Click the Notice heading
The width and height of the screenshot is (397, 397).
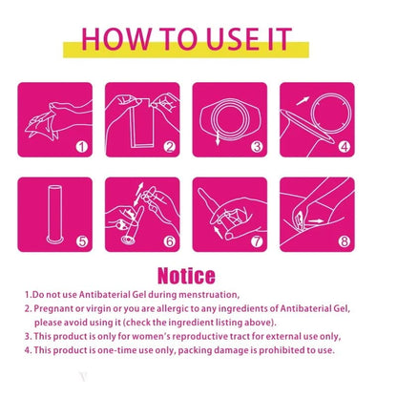pyautogui.click(x=186, y=276)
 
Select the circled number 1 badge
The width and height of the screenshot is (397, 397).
pyautogui.click(x=82, y=147)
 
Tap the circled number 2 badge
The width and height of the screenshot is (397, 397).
pyautogui.click(x=170, y=147)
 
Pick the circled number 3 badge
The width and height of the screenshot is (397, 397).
pyautogui.click(x=257, y=147)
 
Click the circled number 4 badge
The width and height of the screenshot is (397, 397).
pyautogui.click(x=345, y=147)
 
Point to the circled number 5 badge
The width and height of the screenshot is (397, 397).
pyautogui.click(x=82, y=241)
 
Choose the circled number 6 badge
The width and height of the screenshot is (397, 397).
pyautogui.click(x=170, y=241)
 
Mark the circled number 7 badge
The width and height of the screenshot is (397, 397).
pyautogui.click(x=257, y=241)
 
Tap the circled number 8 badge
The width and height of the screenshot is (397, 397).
pyautogui.click(x=345, y=241)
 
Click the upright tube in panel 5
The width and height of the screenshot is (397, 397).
pyautogui.click(x=54, y=214)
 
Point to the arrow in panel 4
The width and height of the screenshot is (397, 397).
pyautogui.click(x=303, y=101)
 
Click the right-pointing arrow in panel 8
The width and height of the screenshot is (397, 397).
pyautogui.click(x=316, y=220)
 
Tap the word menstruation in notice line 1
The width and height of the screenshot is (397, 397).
pyautogui.click(x=208, y=295)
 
